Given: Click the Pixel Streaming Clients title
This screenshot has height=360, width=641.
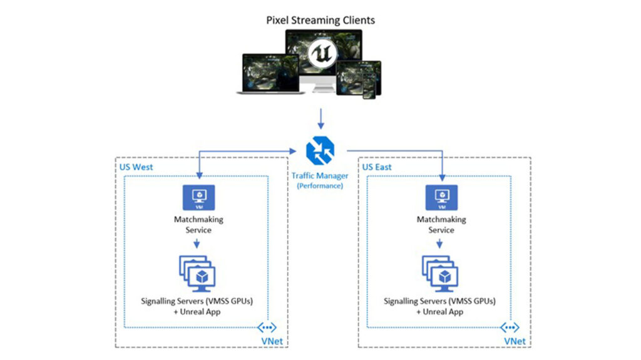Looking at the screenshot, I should click(320, 20).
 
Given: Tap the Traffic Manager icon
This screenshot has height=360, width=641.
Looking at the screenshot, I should click(320, 151).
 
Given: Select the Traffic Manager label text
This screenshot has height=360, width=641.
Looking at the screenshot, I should click(320, 176).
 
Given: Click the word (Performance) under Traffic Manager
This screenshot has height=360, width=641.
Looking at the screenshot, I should click(320, 186).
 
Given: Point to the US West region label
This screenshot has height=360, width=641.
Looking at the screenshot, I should click(136, 167).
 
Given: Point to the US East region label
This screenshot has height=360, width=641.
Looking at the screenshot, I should click(377, 167).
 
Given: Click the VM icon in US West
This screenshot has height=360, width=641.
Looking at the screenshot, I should click(198, 197).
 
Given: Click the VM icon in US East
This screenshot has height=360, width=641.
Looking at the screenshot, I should click(441, 197).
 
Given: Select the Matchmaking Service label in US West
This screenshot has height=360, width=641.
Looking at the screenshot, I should click(198, 225).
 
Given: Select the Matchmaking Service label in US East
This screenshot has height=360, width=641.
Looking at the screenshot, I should click(441, 225).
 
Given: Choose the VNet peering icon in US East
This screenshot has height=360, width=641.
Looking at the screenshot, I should click(511, 327).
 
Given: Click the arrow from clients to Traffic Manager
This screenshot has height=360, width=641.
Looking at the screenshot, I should click(320, 118).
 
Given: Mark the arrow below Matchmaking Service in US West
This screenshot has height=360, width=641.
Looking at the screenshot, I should click(198, 244).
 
